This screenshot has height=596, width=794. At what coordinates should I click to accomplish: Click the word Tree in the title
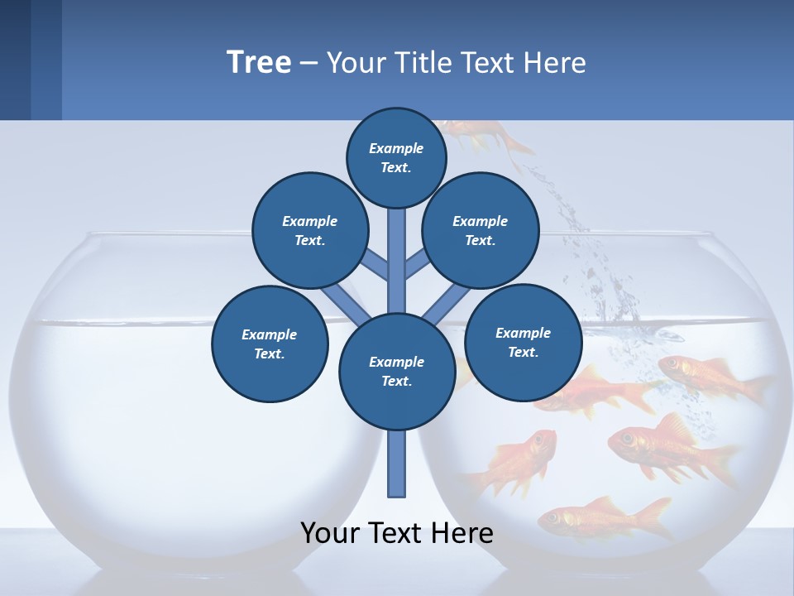tap(259, 63)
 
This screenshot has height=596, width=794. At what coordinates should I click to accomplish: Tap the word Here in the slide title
tap(554, 63)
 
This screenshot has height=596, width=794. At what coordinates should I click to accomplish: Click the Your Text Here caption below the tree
tap(397, 532)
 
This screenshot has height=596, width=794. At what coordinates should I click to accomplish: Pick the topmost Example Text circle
tap(396, 157)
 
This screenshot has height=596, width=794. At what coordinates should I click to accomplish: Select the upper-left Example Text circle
tap(310, 230)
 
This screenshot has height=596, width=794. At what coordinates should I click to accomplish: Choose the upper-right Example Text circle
tap(481, 230)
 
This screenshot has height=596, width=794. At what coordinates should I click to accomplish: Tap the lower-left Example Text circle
tap(270, 344)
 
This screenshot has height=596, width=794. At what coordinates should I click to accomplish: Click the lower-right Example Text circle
tap(523, 342)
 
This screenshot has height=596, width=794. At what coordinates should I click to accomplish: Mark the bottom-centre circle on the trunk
tap(397, 371)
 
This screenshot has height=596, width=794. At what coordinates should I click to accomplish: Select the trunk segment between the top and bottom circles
tap(397, 257)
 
